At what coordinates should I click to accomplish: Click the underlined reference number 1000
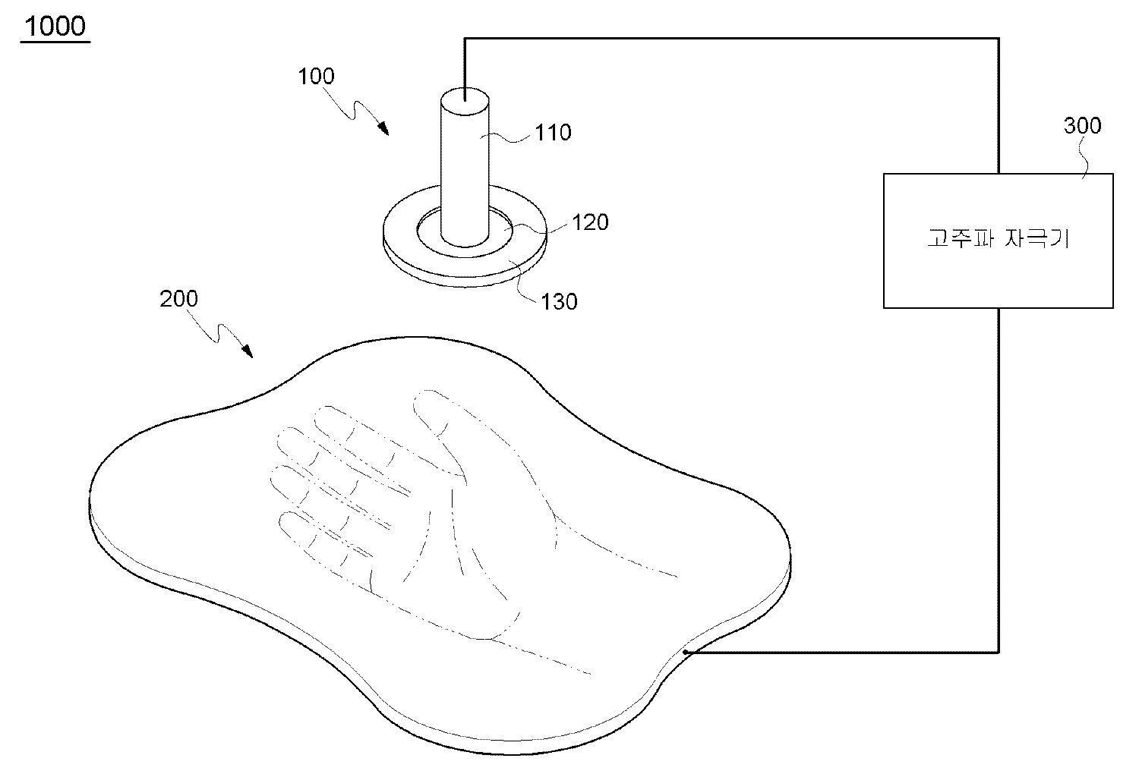[55, 27]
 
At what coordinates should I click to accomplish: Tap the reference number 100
[317, 77]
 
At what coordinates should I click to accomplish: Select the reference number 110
[554, 133]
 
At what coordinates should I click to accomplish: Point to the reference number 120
[590, 222]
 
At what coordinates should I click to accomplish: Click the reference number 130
[559, 302]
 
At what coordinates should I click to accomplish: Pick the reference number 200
[178, 299]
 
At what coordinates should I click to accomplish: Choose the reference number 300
[1083, 125]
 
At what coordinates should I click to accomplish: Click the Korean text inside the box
[999, 238]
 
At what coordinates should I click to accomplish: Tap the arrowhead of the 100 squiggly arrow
[384, 128]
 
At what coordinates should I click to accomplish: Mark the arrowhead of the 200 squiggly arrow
[247, 351]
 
